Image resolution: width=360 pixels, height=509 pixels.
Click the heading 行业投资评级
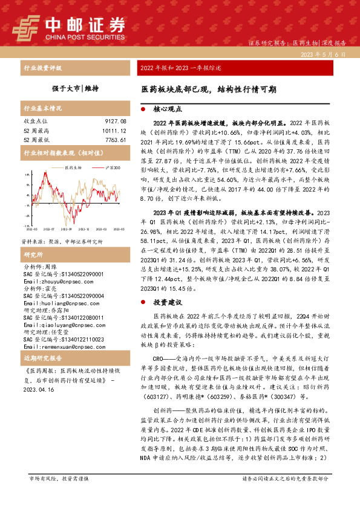point(42,68)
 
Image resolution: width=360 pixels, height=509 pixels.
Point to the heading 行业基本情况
point(42,109)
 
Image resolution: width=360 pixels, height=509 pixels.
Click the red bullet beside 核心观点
point(143,111)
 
